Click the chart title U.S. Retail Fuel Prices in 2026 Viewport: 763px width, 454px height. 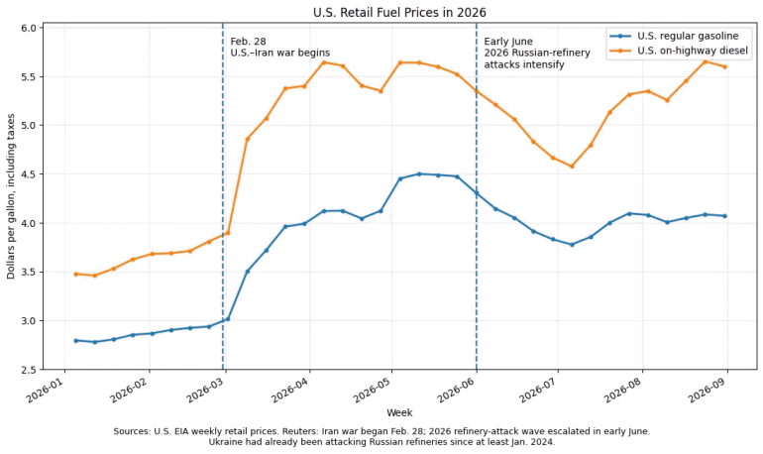(399, 12)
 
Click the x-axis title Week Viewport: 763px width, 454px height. (399, 412)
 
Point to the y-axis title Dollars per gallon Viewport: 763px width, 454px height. (11, 196)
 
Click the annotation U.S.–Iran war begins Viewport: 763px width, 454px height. (280, 54)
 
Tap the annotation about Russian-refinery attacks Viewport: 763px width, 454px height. (537, 54)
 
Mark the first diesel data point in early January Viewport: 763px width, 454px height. (76, 274)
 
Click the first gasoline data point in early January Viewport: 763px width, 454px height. (76, 341)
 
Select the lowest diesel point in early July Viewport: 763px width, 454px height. (572, 167)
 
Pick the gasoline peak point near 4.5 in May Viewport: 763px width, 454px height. (419, 173)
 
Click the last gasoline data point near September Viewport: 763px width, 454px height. (725, 215)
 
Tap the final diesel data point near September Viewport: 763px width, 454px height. (725, 66)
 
